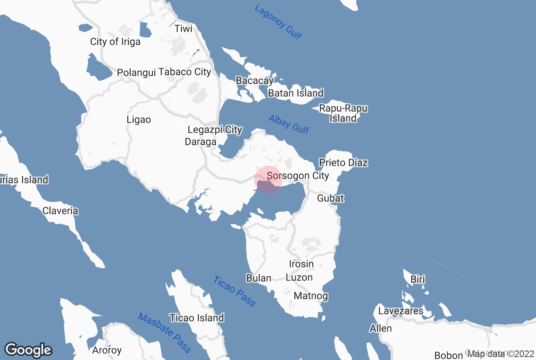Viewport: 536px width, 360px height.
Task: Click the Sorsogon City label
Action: [x=298, y=176]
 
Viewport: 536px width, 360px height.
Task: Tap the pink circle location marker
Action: [x=268, y=180]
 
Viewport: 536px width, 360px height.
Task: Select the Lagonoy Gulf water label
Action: [x=278, y=22]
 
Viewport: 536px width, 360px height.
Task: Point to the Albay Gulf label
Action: [x=289, y=124]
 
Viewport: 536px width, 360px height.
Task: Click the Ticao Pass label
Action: [x=234, y=291]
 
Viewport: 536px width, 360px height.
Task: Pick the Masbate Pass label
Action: [x=165, y=333]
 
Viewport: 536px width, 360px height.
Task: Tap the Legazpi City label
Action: [x=215, y=130]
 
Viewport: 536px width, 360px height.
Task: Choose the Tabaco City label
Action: [x=185, y=72]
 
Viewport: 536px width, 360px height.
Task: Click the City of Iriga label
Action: [x=115, y=42]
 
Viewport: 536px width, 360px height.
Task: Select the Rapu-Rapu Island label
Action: [x=343, y=113]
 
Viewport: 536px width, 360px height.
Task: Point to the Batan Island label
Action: [x=296, y=93]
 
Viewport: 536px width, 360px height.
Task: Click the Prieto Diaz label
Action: [x=343, y=162]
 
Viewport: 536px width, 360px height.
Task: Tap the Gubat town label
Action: [x=330, y=198]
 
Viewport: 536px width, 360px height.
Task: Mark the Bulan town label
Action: [x=259, y=278]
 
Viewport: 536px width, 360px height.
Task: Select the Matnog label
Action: [x=311, y=296]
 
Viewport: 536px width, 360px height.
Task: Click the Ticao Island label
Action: [x=196, y=318]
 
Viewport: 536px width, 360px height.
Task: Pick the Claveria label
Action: [x=60, y=211]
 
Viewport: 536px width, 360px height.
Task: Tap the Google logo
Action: [x=28, y=350]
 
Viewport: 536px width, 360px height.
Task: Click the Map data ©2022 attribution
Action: [x=500, y=354]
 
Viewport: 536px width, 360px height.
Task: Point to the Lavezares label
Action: [x=401, y=311]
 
